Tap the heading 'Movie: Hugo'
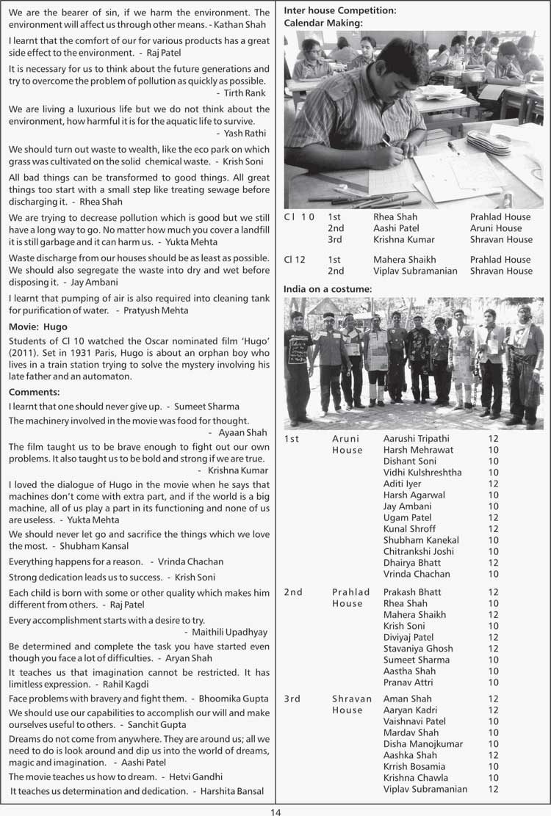point(38,327)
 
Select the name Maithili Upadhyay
point(230,632)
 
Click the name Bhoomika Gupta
point(235,698)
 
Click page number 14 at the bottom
point(275,811)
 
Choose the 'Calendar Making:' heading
point(323,23)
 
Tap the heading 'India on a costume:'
point(328,289)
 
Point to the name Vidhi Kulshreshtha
point(422,473)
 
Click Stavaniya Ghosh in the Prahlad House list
point(418,649)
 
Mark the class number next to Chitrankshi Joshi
point(493,551)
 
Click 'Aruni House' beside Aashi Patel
point(496,228)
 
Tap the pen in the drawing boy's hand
point(388,142)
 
